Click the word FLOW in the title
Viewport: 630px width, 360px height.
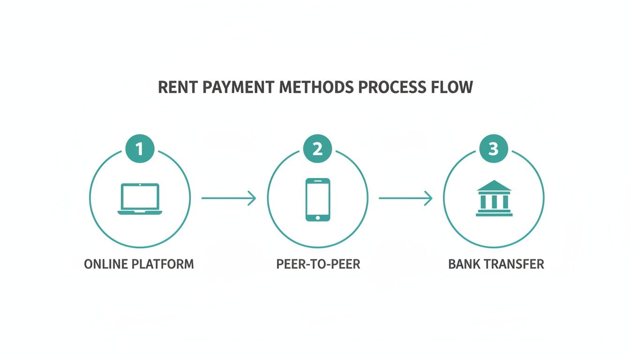(452, 87)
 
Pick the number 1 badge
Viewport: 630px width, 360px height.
(140, 149)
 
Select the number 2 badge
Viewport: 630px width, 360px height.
(317, 149)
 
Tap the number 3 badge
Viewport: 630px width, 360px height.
(493, 149)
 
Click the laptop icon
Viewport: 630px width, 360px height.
(140, 199)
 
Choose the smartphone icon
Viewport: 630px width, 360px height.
(317, 199)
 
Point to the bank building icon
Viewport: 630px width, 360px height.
(494, 198)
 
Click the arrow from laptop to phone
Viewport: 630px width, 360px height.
(229, 198)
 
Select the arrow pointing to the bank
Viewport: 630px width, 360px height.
(405, 198)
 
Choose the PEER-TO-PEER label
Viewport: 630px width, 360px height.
(318, 264)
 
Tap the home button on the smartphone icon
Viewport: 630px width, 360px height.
(317, 217)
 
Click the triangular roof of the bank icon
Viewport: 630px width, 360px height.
(494, 186)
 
